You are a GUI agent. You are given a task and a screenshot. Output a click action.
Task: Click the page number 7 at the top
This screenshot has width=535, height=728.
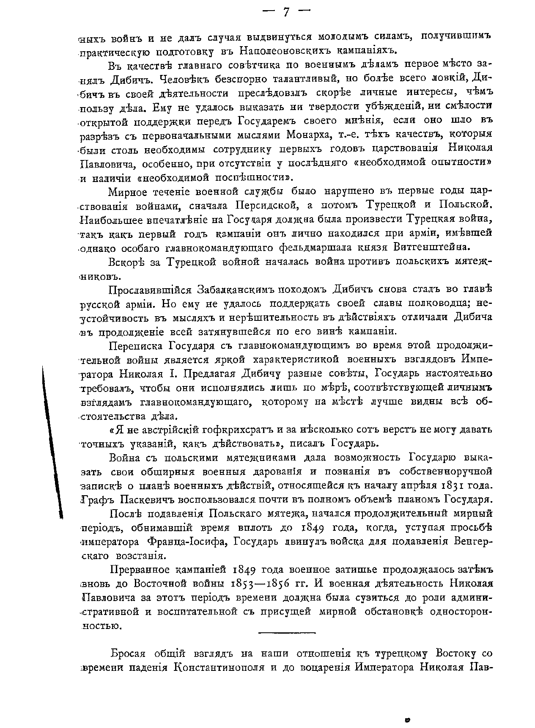pyautogui.click(x=285, y=12)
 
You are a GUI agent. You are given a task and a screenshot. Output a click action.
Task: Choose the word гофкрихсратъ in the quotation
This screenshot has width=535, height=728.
pyautogui.click(x=239, y=430)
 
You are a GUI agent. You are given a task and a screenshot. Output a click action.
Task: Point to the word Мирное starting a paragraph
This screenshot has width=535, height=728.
pyautogui.click(x=128, y=192)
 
